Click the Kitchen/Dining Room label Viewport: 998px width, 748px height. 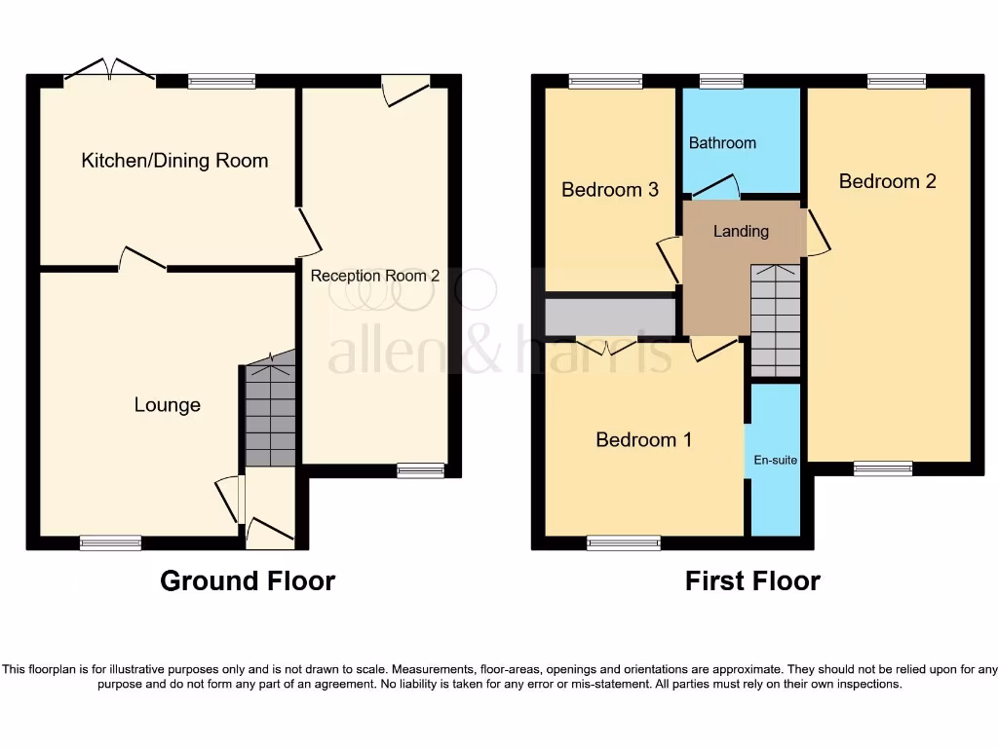[174, 161]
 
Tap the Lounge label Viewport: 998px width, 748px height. [168, 405]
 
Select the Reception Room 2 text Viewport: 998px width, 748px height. [375, 276]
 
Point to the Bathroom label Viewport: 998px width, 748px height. [722, 143]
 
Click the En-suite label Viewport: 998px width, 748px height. [777, 460]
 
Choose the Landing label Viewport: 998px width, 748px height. [741, 232]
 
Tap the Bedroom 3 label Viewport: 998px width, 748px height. [610, 190]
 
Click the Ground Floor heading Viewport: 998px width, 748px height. [248, 581]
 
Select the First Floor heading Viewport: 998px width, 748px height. [752, 581]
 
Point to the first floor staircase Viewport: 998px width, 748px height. [776, 321]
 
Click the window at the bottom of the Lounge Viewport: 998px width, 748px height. [110, 543]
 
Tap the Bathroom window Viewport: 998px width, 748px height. [721, 82]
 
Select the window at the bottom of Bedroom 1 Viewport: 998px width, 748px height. [624, 543]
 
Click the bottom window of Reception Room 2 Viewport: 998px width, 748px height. [420, 471]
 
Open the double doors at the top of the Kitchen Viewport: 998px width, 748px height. [109, 73]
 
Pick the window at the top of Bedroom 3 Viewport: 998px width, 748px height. [605, 82]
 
